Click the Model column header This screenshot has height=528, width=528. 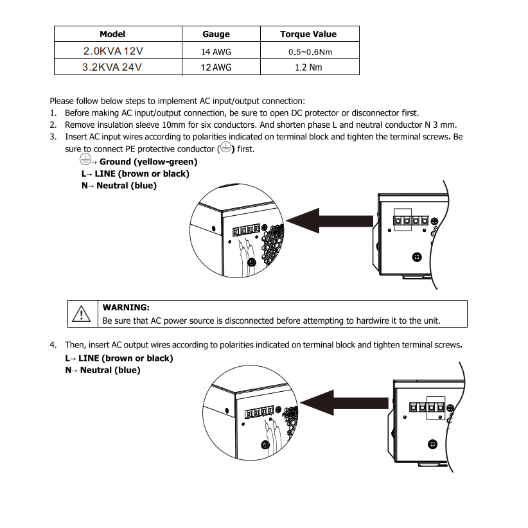click(112, 34)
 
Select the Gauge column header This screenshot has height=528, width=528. click(216, 34)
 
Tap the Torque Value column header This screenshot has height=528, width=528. click(308, 34)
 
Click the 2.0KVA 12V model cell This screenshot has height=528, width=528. click(112, 50)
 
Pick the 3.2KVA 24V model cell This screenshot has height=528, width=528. click(112, 66)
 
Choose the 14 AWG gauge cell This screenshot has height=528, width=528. click(216, 51)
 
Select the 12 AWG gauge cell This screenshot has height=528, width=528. click(216, 67)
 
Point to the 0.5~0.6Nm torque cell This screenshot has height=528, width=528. click(308, 51)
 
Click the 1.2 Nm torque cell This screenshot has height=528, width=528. click(308, 67)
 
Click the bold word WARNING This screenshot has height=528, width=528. click(126, 308)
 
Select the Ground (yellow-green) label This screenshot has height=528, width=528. click(148, 162)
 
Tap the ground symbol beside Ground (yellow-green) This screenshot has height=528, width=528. click(85, 161)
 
